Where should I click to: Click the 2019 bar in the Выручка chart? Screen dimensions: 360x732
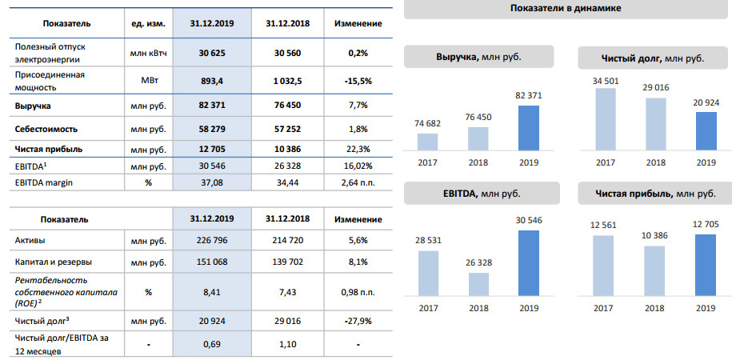(x=529, y=128)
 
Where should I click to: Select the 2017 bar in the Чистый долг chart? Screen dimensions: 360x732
(x=605, y=119)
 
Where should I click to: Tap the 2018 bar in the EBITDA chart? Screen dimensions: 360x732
(x=478, y=285)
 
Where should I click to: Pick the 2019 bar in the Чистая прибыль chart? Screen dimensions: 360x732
(x=706, y=263)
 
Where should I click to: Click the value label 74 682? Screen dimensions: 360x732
(x=428, y=122)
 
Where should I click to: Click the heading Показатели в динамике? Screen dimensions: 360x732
(x=566, y=8)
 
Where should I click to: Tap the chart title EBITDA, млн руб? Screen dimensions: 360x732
(x=478, y=193)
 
